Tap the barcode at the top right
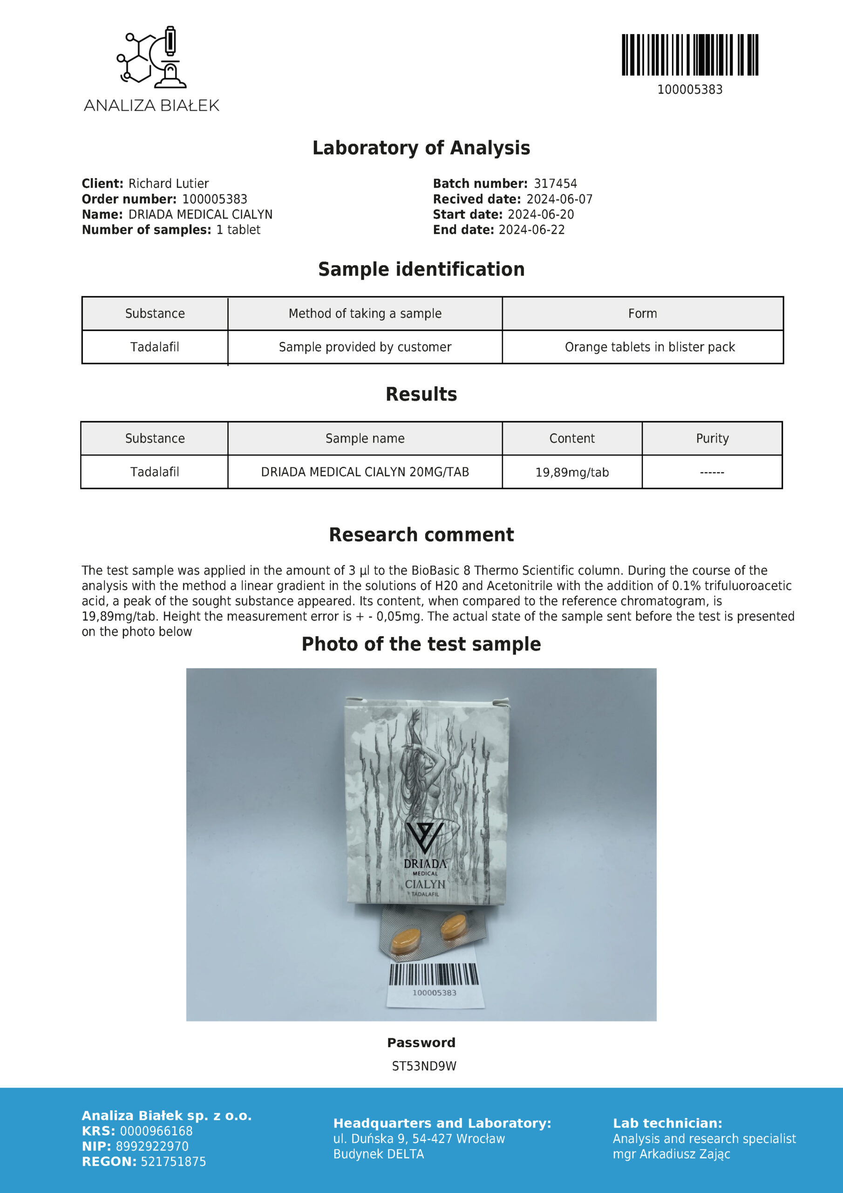pyautogui.click(x=690, y=55)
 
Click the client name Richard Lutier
pyautogui.click(x=168, y=184)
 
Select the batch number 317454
pyautogui.click(x=555, y=184)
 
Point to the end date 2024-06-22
pyautogui.click(x=531, y=230)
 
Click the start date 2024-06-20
pyautogui.click(x=541, y=214)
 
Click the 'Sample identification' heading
pyautogui.click(x=421, y=269)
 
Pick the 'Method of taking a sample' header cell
pyautogui.click(x=365, y=313)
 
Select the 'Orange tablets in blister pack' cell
pyautogui.click(x=650, y=347)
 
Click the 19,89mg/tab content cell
pyautogui.click(x=572, y=472)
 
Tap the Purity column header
pyautogui.click(x=712, y=438)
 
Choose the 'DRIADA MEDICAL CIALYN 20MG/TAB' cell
pyautogui.click(x=365, y=472)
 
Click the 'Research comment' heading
pyautogui.click(x=421, y=534)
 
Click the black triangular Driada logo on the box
pyautogui.click(x=424, y=837)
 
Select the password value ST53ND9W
pyautogui.click(x=424, y=1066)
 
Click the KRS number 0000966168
pyautogui.click(x=156, y=1131)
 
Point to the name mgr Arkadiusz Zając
pyautogui.click(x=671, y=1154)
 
